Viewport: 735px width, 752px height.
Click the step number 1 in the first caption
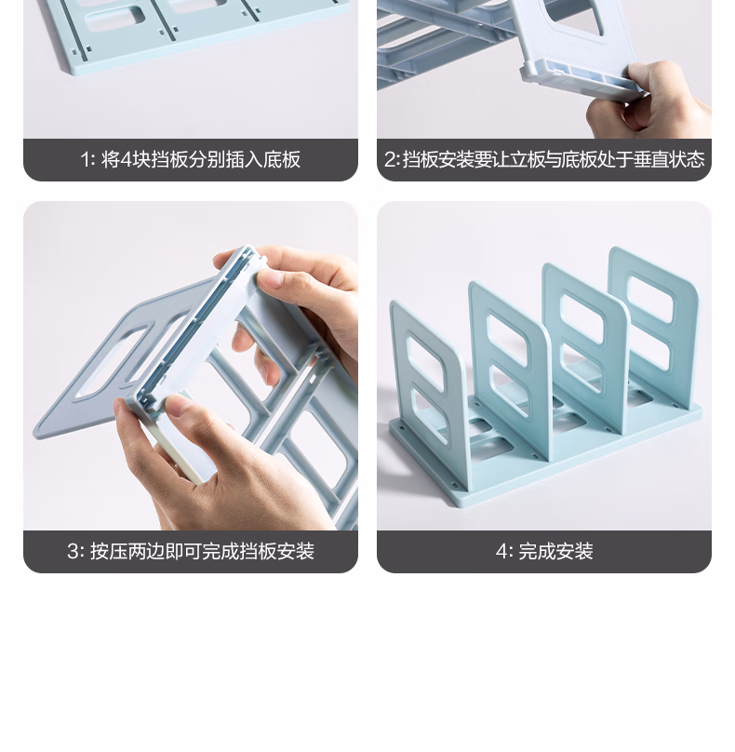[x=85, y=160]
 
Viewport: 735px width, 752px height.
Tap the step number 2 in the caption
[x=390, y=160]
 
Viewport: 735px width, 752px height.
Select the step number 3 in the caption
[x=73, y=551]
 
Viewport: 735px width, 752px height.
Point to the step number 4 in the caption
[x=501, y=551]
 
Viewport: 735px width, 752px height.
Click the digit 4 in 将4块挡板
[x=126, y=160]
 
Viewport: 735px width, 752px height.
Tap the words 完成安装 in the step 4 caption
[x=555, y=551]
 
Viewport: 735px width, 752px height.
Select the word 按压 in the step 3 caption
[x=108, y=551]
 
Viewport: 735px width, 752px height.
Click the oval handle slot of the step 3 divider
[x=113, y=361]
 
